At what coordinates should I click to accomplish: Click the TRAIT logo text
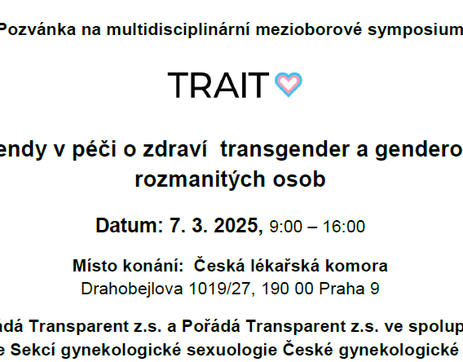click(218, 85)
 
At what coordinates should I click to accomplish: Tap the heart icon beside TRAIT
click(289, 84)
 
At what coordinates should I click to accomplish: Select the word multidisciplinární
click(159, 30)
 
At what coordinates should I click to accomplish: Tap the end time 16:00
click(346, 227)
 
